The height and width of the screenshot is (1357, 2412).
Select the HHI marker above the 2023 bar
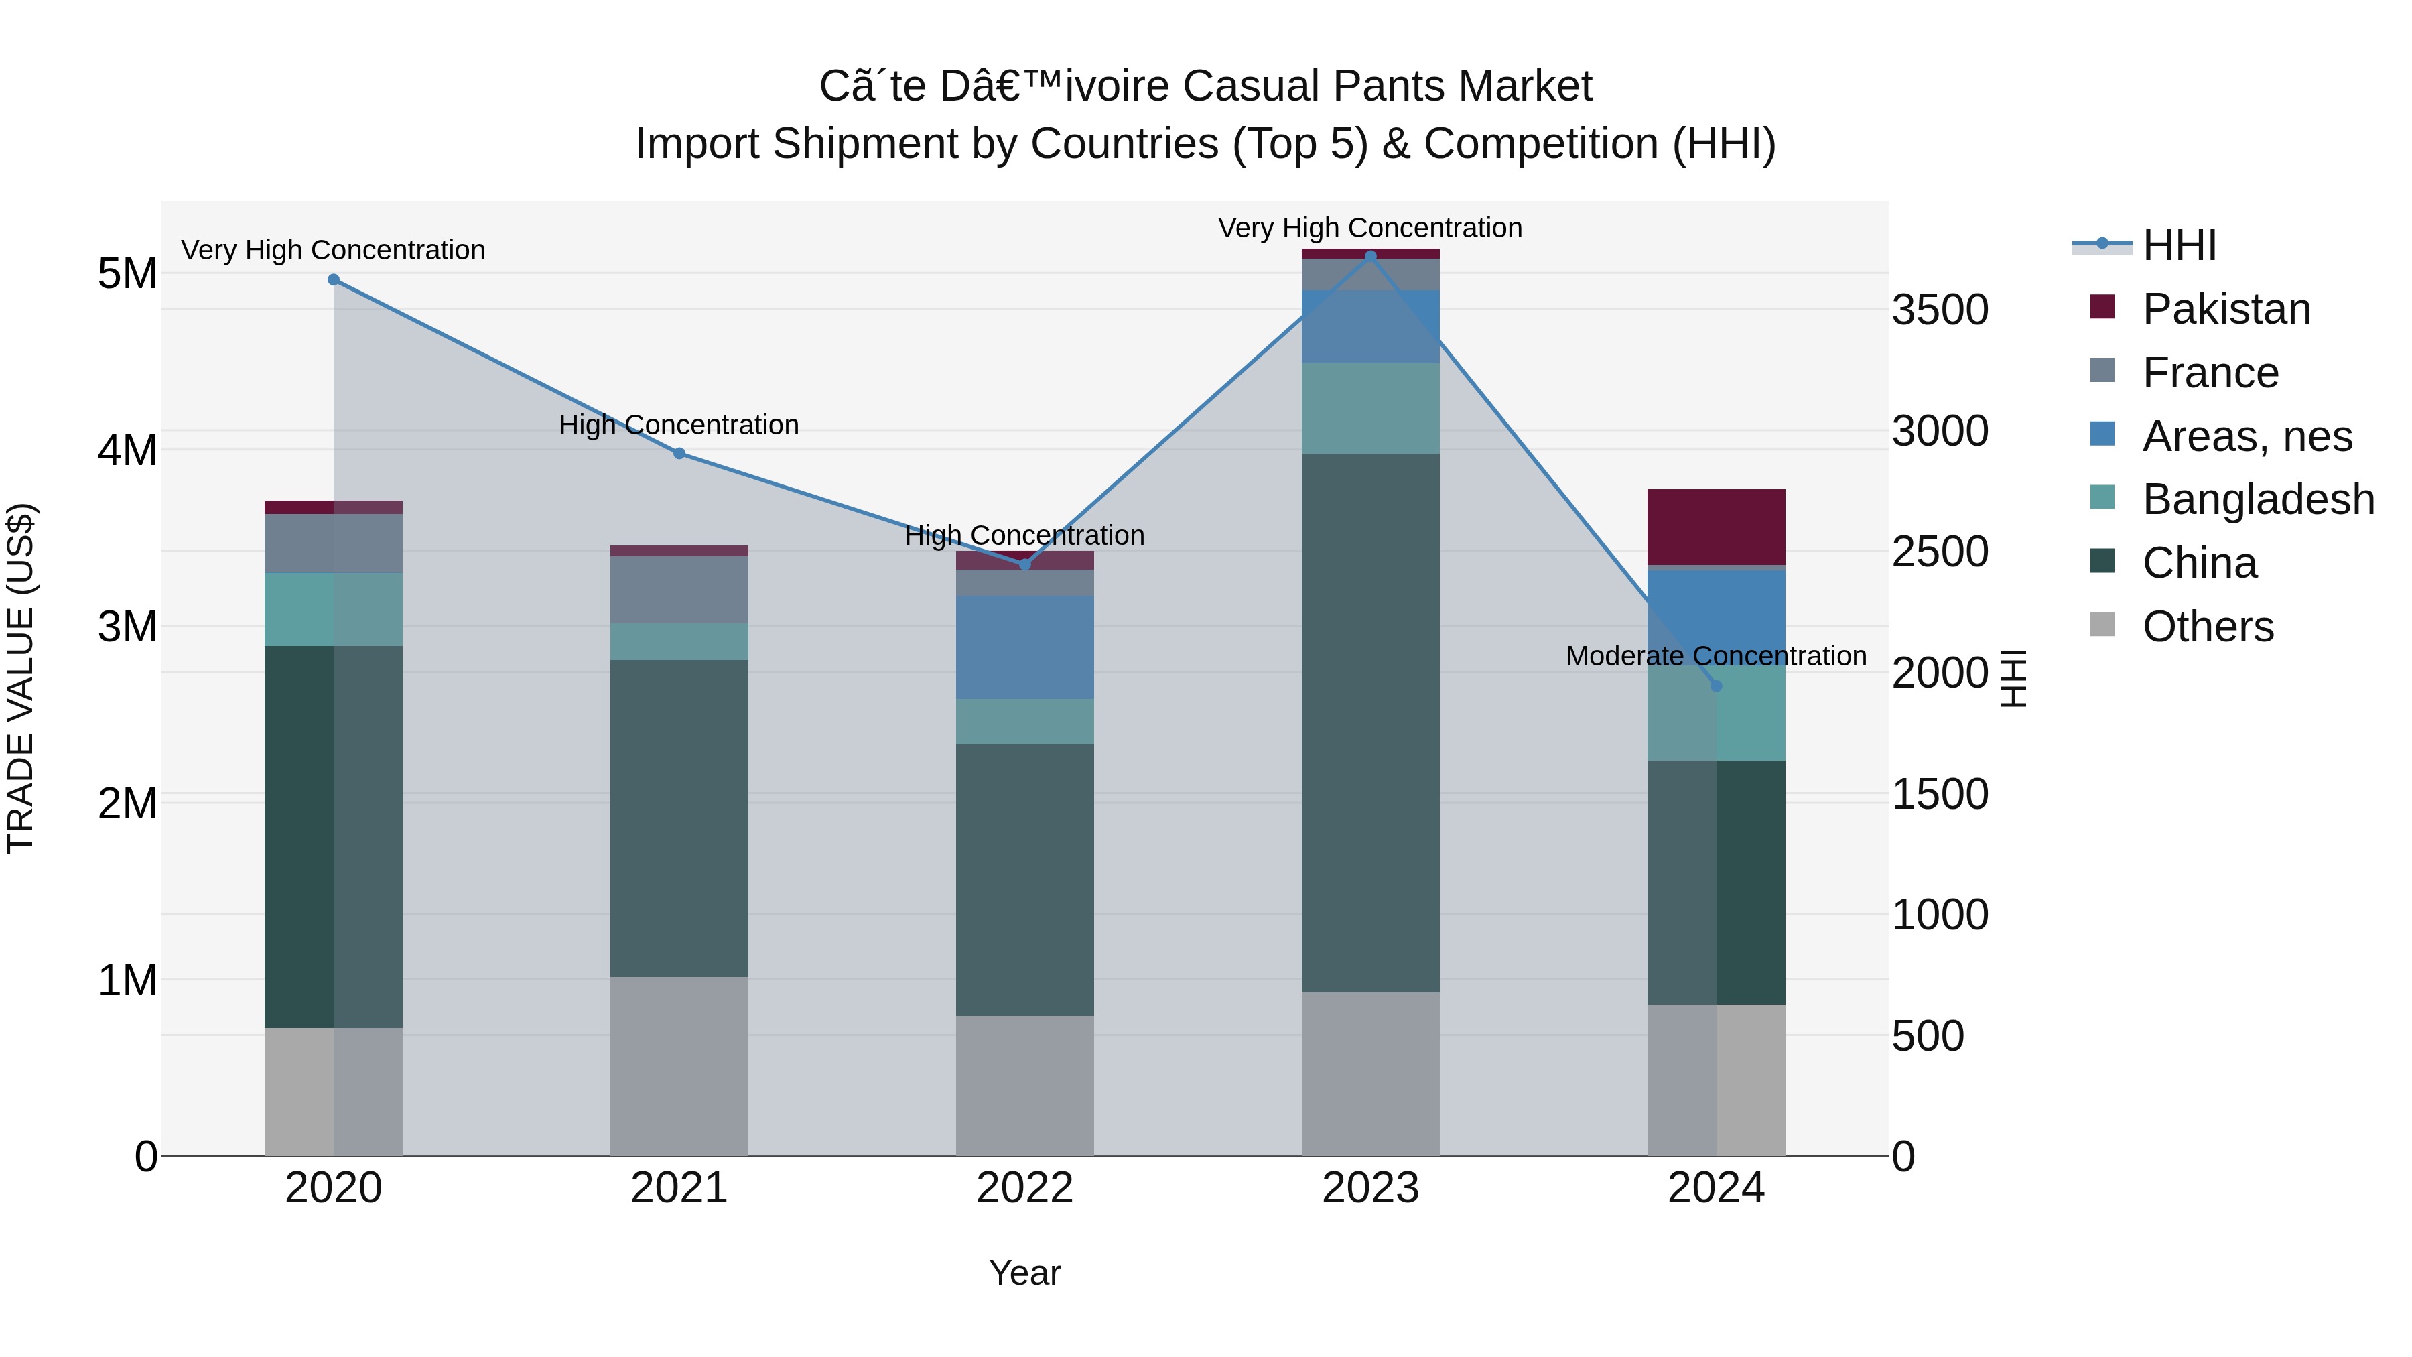[x=1370, y=256]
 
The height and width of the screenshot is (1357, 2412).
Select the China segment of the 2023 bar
[x=1370, y=723]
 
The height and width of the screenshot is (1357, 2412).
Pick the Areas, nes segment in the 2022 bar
[x=1024, y=647]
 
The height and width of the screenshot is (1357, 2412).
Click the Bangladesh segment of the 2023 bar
[x=1370, y=408]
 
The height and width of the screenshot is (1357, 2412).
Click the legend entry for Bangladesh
[x=2257, y=499]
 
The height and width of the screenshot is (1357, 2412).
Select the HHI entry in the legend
[x=2179, y=245]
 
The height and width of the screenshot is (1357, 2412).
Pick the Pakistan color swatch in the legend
[x=2102, y=307]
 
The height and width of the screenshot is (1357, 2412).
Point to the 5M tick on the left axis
[x=127, y=273]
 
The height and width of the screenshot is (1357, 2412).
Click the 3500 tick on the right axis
[x=1939, y=310]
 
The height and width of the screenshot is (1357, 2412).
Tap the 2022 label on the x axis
[x=1024, y=1188]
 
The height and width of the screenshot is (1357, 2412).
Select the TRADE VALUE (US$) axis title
[x=21, y=678]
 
